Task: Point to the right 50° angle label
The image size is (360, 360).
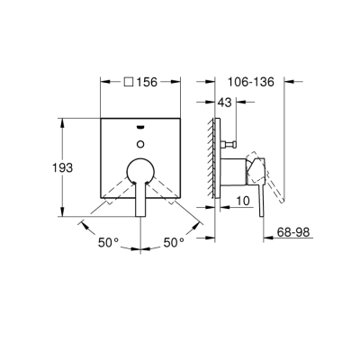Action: click(173, 241)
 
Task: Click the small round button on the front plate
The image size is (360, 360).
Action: click(140, 141)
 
